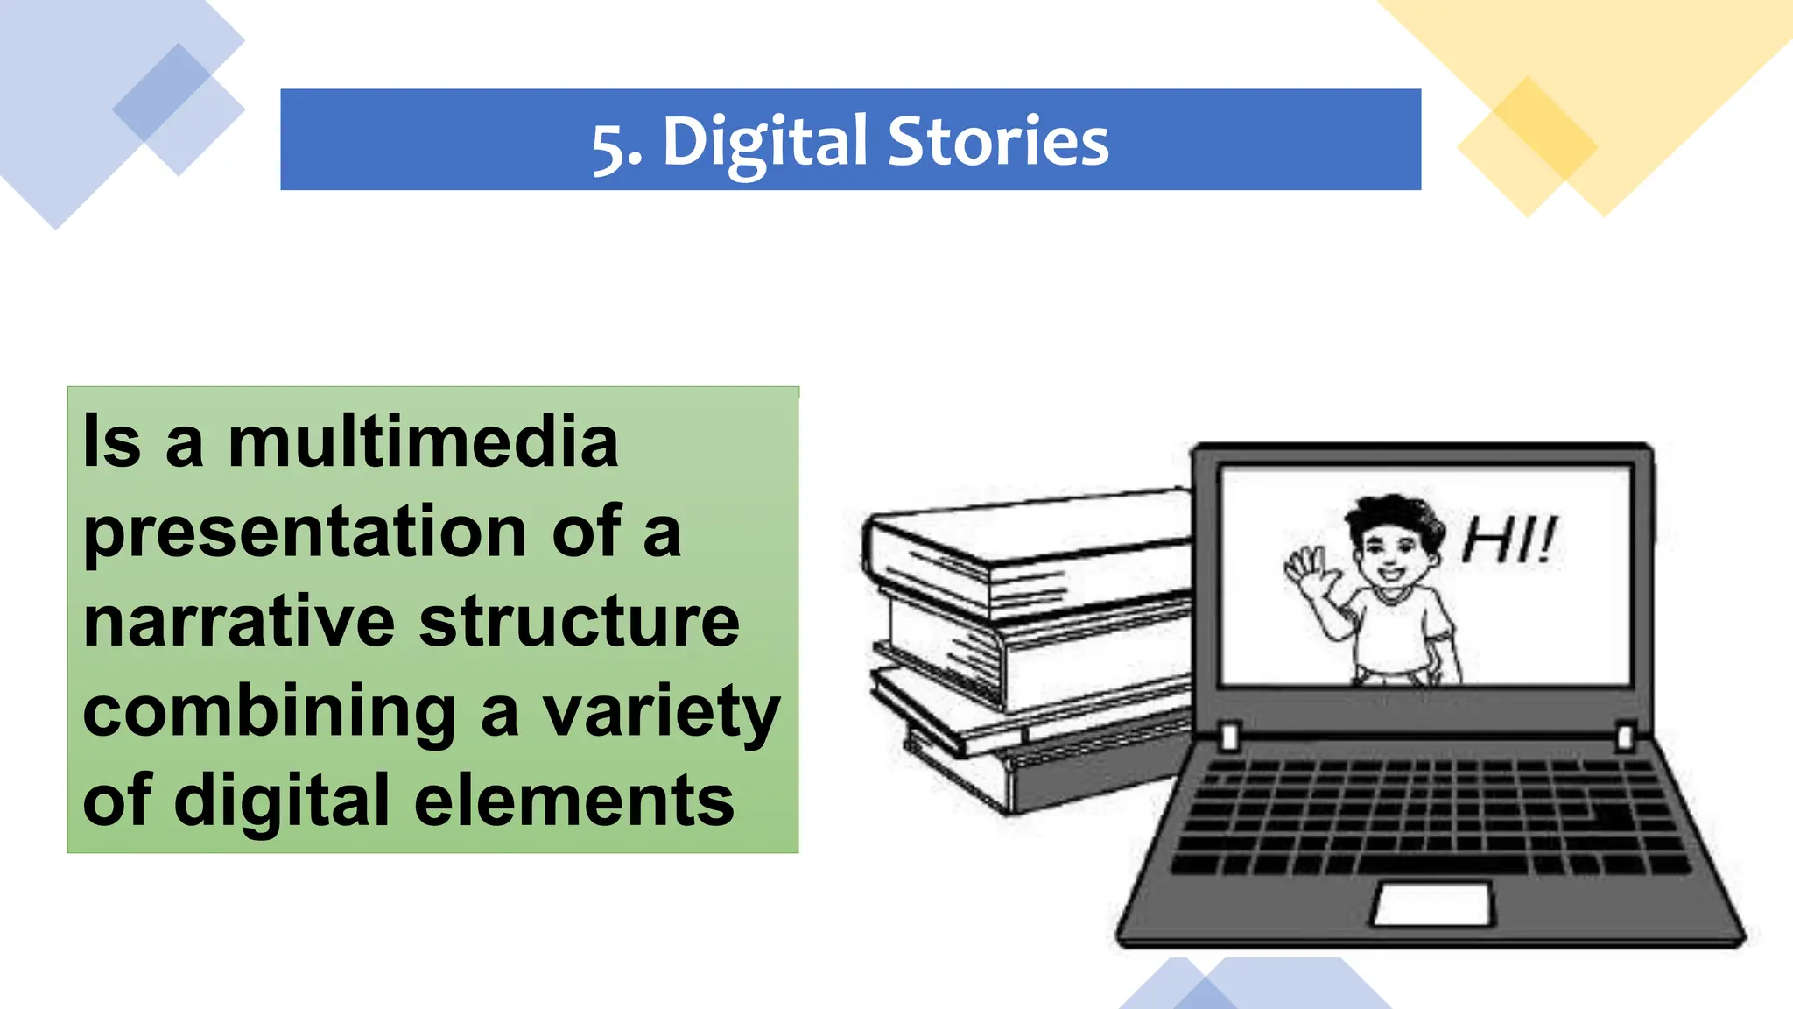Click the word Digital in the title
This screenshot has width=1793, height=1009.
pyautogui.click(x=764, y=142)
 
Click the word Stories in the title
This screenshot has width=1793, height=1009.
pyautogui.click(x=998, y=142)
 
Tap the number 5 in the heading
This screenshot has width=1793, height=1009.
pyautogui.click(x=609, y=147)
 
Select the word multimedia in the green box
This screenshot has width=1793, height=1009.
pyautogui.click(x=423, y=441)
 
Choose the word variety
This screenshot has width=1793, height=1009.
pyautogui.click(x=661, y=714)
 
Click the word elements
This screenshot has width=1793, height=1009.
pyautogui.click(x=573, y=801)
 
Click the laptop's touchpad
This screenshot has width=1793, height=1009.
pyautogui.click(x=1432, y=903)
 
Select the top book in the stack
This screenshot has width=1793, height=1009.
pyautogui.click(x=1024, y=547)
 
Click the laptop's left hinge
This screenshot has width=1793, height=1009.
pyautogui.click(x=1229, y=737)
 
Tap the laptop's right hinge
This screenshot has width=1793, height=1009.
pyautogui.click(x=1625, y=736)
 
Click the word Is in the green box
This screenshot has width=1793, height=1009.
pyautogui.click(x=111, y=441)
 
